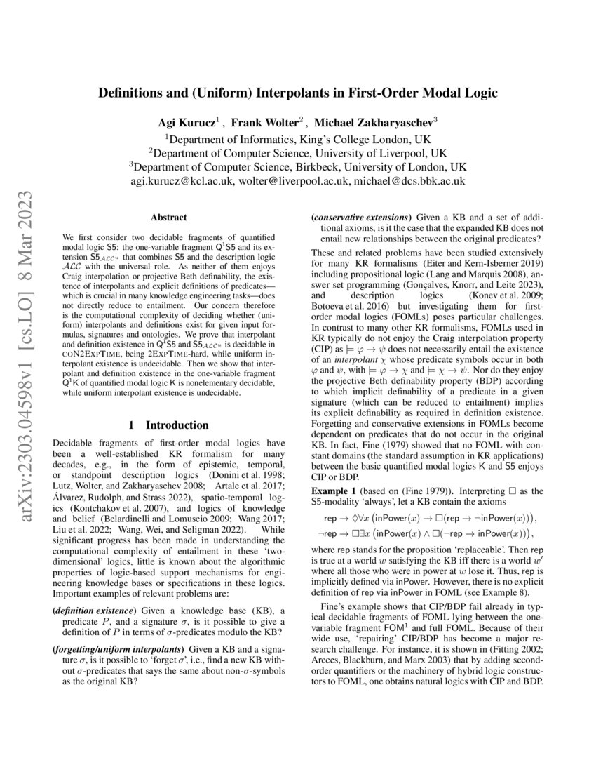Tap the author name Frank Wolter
tap(264, 121)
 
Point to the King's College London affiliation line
tap(298, 139)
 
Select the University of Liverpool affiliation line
tap(298, 153)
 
